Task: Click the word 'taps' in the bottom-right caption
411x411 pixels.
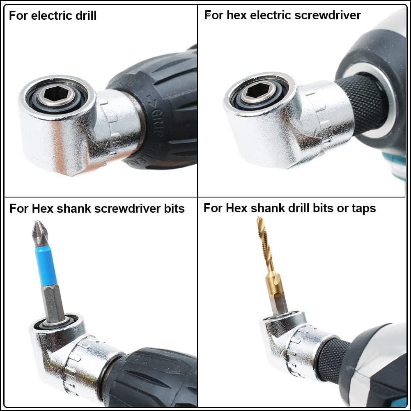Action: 363,208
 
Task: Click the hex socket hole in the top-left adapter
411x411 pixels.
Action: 56,94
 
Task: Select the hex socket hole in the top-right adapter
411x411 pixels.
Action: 257,90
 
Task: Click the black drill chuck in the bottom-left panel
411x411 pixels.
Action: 152,378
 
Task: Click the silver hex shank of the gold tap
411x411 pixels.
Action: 280,302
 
